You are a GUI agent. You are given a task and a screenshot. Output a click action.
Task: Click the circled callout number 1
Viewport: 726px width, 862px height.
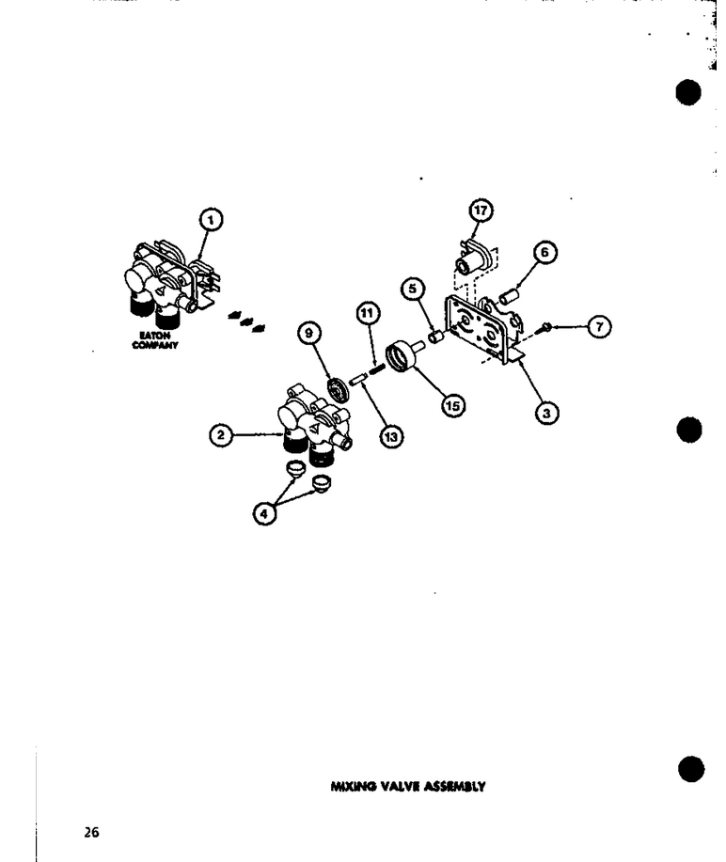click(x=211, y=220)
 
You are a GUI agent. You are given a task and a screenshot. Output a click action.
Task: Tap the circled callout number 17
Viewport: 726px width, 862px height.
click(x=481, y=211)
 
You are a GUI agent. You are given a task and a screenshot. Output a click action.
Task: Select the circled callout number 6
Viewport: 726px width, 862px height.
click(x=544, y=252)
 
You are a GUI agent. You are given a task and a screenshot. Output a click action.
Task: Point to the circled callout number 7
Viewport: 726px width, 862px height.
click(x=599, y=327)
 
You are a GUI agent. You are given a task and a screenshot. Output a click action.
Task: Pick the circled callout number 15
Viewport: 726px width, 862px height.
click(x=453, y=406)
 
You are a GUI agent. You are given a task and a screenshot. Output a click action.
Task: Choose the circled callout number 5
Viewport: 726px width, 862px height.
click(x=413, y=289)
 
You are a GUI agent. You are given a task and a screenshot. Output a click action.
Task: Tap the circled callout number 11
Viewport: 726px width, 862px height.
click(x=368, y=313)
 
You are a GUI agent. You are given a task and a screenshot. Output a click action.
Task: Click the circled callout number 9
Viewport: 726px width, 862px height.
click(x=308, y=333)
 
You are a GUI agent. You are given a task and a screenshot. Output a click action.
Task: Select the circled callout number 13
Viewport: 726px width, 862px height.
click(x=390, y=437)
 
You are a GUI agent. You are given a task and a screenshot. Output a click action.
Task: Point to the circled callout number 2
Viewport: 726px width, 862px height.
click(x=221, y=435)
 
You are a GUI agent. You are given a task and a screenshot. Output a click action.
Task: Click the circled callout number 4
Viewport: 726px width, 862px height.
click(x=264, y=514)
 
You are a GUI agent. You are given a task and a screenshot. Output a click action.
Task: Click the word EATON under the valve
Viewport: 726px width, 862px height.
click(x=155, y=336)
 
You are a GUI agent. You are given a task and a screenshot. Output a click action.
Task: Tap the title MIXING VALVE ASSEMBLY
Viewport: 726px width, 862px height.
click(x=407, y=787)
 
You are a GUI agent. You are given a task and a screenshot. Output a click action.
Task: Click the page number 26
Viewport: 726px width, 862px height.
click(x=92, y=832)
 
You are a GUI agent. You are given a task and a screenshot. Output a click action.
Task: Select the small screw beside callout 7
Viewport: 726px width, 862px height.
click(x=546, y=326)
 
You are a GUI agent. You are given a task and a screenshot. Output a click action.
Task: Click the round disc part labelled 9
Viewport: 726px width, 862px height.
click(x=337, y=390)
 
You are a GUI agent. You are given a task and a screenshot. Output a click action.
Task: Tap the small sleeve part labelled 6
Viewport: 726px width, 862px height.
click(x=506, y=297)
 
